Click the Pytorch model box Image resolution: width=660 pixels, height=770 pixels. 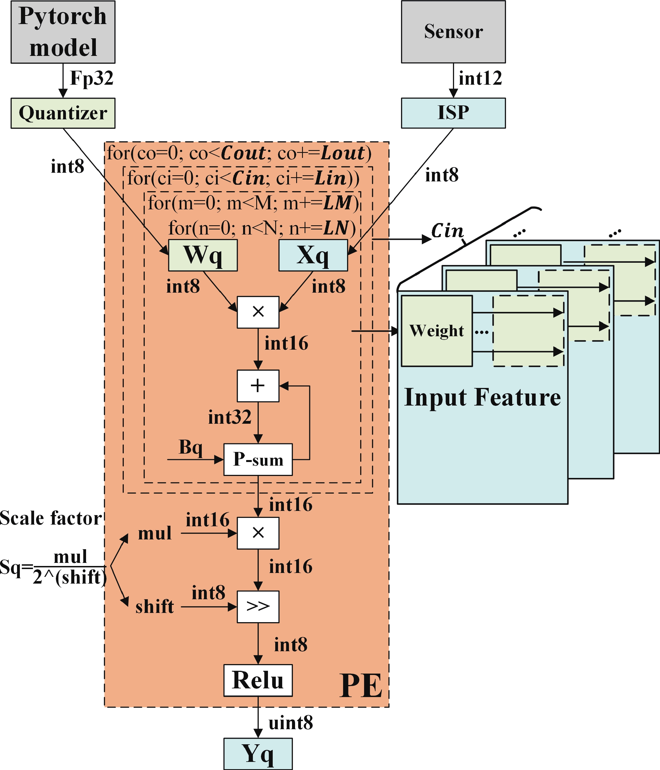coord(63,32)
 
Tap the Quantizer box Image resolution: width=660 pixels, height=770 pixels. coord(63,113)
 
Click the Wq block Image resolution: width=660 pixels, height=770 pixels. coord(203,255)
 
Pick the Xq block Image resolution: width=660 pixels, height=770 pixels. coord(313,255)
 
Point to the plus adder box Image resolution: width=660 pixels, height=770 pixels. coord(258,386)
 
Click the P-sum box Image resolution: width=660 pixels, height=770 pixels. coord(258,460)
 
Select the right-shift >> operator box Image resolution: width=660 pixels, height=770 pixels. coord(258,607)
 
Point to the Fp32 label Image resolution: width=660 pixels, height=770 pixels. coord(92,79)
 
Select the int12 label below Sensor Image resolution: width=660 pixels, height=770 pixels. coord(480,79)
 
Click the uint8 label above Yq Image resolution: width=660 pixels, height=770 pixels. coord(291,723)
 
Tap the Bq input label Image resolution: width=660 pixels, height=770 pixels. coord(191,447)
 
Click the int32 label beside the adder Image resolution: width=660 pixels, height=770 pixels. coord(230,417)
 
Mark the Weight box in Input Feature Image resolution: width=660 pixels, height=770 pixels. coord(437,331)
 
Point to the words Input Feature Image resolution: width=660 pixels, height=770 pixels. coord(482,397)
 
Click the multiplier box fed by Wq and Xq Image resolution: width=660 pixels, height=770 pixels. coord(258,312)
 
